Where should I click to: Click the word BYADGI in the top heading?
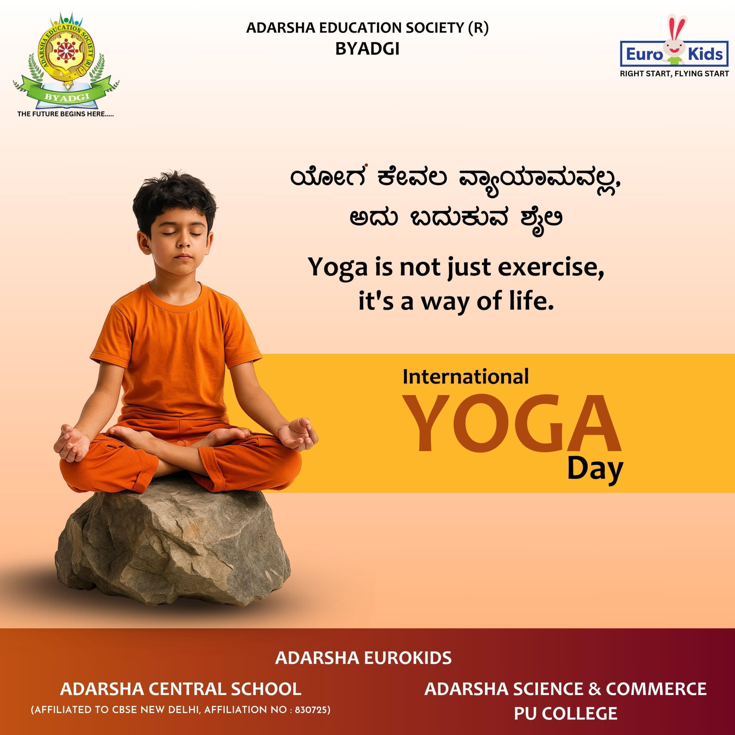pos(367,49)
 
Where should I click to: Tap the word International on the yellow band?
pos(466,377)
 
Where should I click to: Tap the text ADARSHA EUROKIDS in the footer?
pos(363,658)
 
